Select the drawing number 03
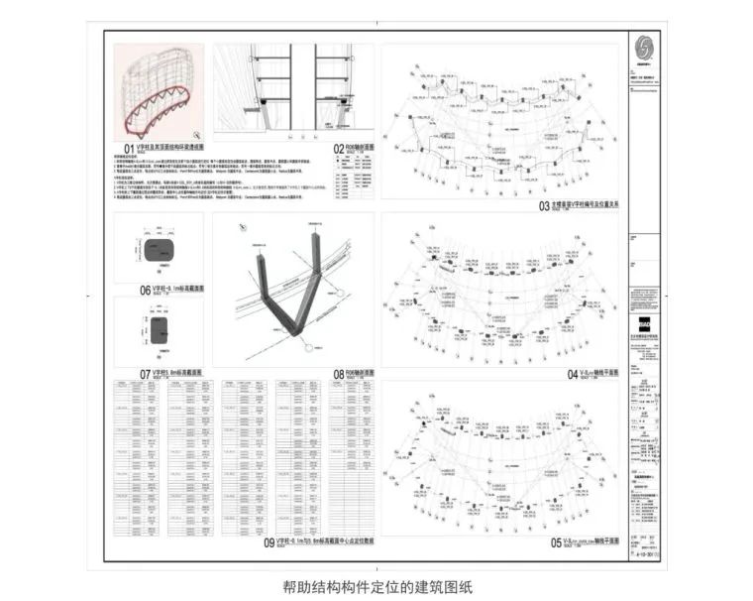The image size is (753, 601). click(544, 206)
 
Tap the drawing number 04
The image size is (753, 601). click(544, 373)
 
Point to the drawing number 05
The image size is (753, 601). click(544, 542)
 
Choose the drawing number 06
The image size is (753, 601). click(145, 291)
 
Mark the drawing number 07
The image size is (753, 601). click(145, 374)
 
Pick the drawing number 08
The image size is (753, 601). click(339, 374)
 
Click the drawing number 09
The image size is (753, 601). click(269, 542)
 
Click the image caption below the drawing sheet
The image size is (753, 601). click(377, 586)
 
